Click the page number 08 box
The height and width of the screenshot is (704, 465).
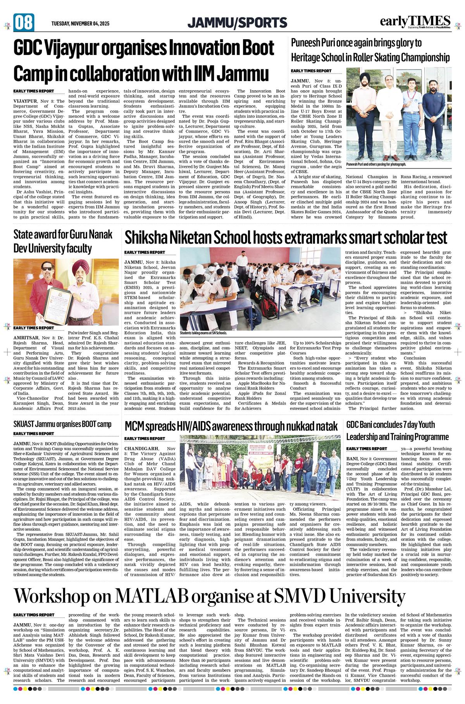tap(24, 22)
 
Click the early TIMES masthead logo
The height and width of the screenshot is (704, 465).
tap(415, 22)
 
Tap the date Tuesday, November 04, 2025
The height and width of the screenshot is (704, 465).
tap(80, 24)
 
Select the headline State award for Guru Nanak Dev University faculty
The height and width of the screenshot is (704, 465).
tap(63, 241)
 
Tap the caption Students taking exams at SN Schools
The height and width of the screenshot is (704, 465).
tap(203, 333)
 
